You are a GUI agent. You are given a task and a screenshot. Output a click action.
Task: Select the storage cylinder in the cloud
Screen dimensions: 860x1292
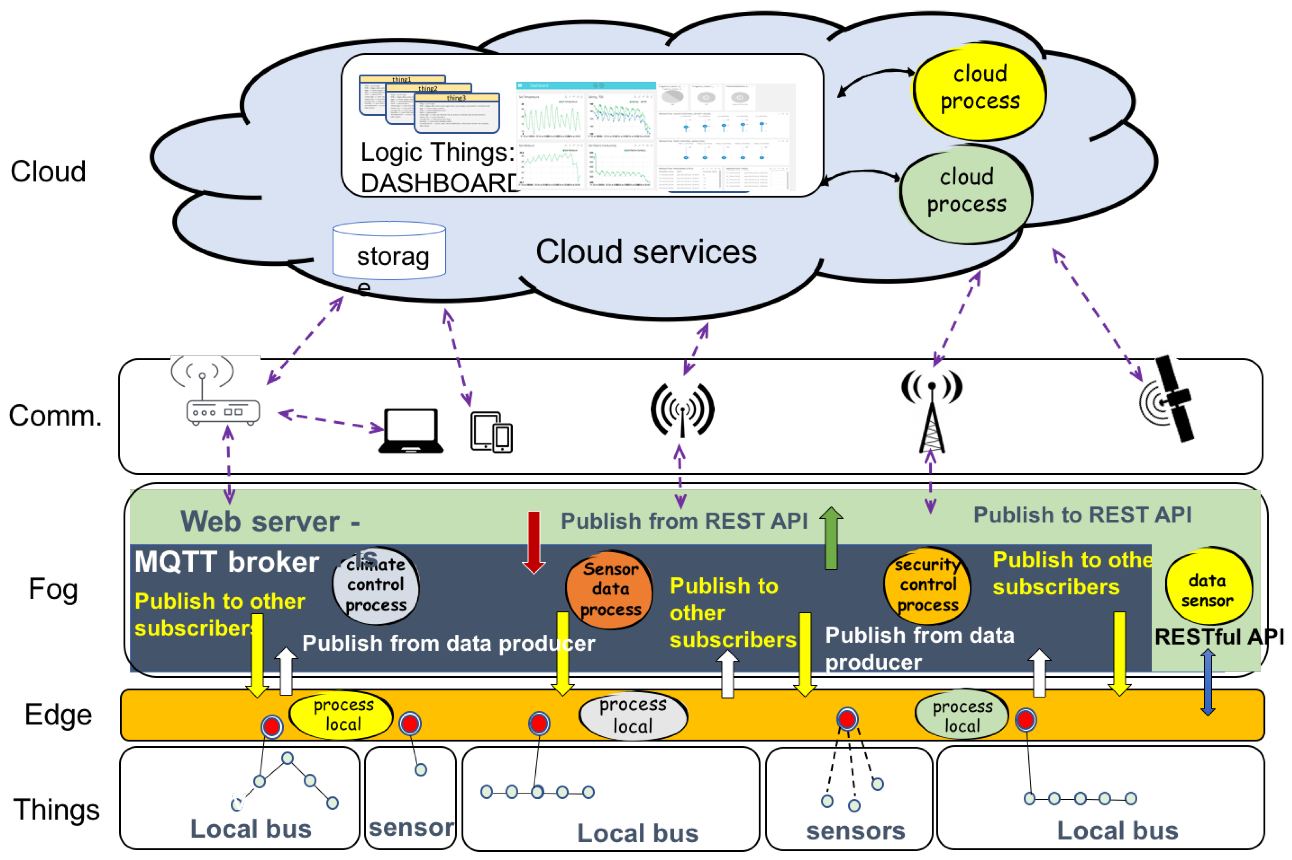coord(389,251)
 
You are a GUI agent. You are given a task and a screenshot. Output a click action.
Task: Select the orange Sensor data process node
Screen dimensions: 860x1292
coord(610,590)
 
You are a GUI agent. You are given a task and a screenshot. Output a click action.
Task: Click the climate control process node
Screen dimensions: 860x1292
coord(376,586)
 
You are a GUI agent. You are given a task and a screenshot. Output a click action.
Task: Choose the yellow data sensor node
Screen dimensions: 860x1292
coord(1208,590)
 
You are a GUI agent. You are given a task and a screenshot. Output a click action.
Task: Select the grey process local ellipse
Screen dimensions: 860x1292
coord(633,716)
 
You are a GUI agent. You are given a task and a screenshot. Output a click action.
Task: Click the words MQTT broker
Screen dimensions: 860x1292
coord(227,562)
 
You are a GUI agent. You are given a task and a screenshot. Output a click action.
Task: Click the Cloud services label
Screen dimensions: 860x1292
coord(646,252)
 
